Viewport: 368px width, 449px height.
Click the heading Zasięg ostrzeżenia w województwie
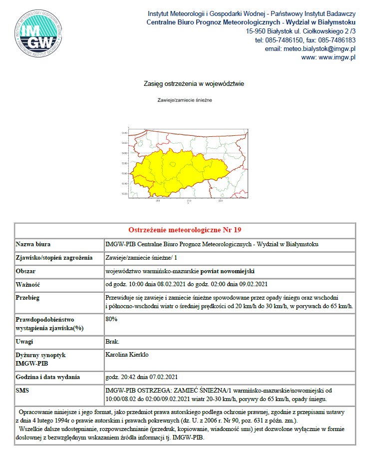tap(194, 84)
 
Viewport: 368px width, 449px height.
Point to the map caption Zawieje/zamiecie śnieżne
tap(185, 100)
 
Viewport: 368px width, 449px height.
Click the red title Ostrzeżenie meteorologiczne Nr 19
tap(185, 230)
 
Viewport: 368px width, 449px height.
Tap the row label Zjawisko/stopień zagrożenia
tap(54, 258)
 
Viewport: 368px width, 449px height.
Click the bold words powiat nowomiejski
tap(228, 271)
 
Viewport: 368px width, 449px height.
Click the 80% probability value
tap(112, 319)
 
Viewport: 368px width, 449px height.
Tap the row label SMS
tap(22, 390)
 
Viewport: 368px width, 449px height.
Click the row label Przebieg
tap(28, 298)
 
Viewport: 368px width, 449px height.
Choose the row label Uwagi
tap(25, 342)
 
